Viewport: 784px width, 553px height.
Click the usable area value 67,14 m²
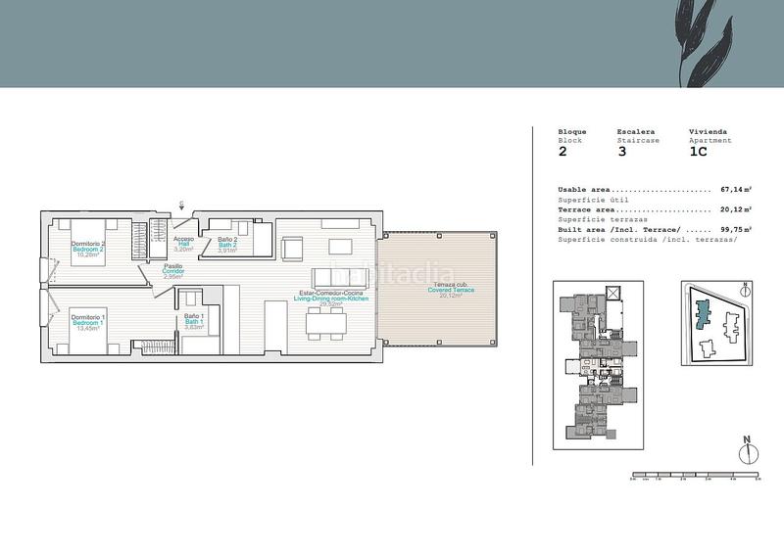(x=735, y=189)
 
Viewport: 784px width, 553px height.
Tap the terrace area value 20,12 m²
(x=735, y=209)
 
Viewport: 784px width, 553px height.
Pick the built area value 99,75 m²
(x=735, y=230)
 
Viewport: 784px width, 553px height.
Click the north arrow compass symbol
(x=746, y=452)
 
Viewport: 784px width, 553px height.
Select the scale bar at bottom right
(x=695, y=476)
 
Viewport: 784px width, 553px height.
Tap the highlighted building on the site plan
(x=700, y=315)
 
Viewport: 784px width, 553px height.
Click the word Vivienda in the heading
(x=709, y=131)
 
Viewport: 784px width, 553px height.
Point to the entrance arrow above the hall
(x=181, y=205)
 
